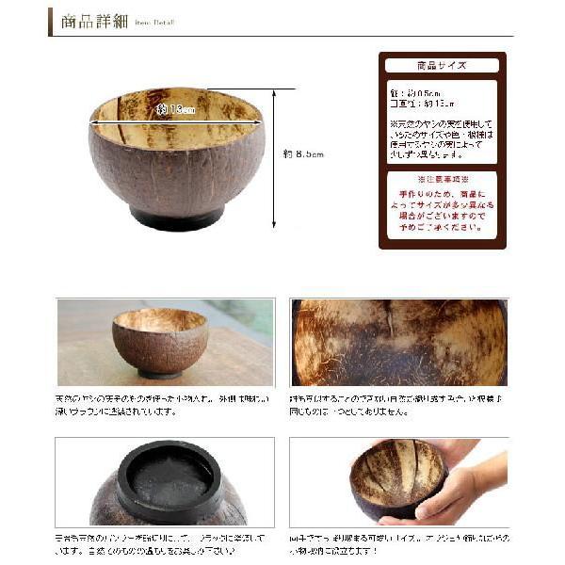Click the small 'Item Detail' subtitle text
(153, 24)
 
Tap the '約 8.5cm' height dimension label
(303, 153)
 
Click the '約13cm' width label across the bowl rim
(176, 110)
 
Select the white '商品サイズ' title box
(442, 66)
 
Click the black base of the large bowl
(176, 218)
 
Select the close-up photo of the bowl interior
(398, 343)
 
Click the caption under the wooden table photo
(160, 405)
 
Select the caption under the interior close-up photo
(398, 405)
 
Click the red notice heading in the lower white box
(442, 178)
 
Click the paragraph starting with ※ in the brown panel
(442, 139)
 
